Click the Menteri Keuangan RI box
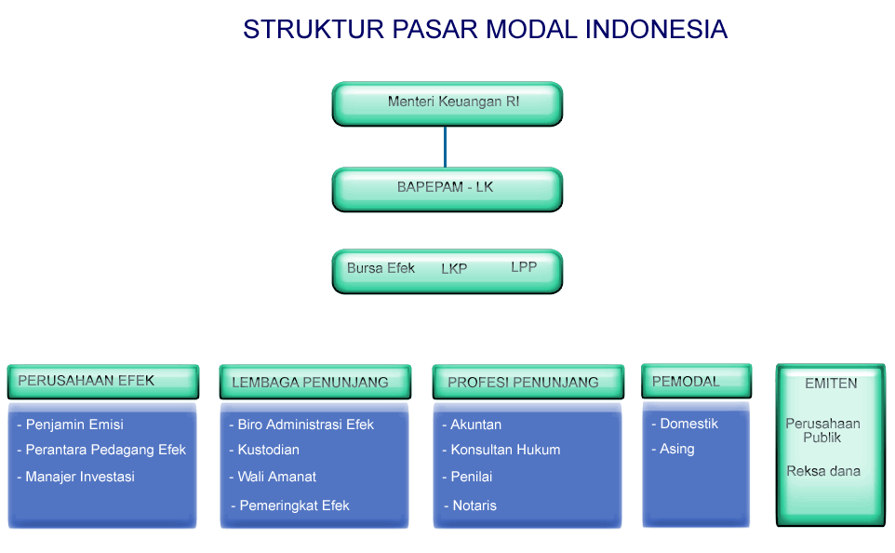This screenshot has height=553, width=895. pyautogui.click(x=447, y=102)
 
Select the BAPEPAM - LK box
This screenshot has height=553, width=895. pyautogui.click(x=447, y=188)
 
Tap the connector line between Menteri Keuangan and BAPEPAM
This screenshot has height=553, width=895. pyautogui.click(x=446, y=146)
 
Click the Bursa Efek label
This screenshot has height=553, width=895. pyautogui.click(x=381, y=268)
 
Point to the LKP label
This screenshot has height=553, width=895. pyautogui.click(x=454, y=269)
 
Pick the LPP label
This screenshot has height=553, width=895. pyautogui.click(x=524, y=267)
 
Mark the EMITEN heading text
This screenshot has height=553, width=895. pyautogui.click(x=831, y=383)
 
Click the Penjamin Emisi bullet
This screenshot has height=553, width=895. pyautogui.click(x=74, y=425)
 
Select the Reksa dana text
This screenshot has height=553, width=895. pyautogui.click(x=823, y=471)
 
